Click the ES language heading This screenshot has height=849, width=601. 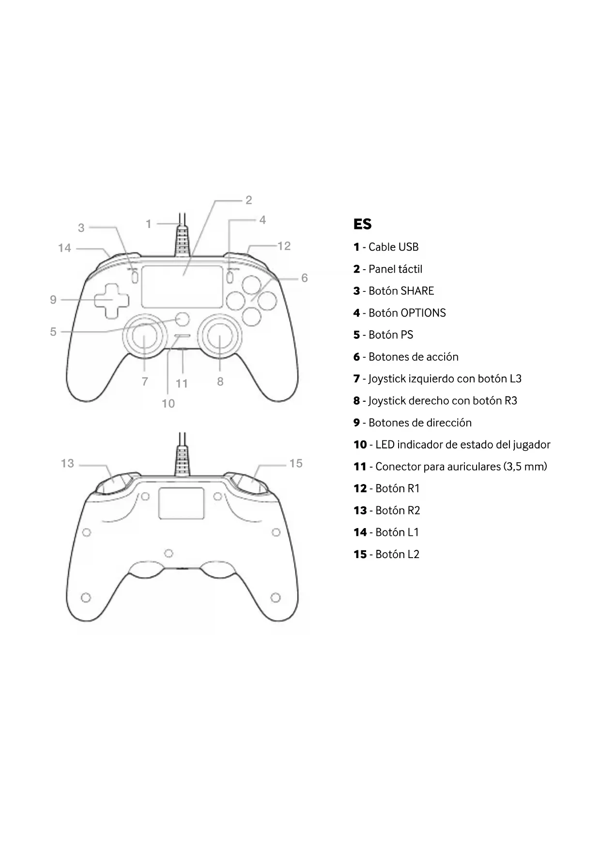tap(362, 224)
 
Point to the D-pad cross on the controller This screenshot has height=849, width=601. tap(112, 300)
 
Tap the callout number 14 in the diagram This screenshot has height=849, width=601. tap(64, 248)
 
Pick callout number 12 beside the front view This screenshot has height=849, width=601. tap(284, 246)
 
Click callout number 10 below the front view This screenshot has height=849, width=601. tap(168, 404)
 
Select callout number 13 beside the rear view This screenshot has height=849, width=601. tap(67, 464)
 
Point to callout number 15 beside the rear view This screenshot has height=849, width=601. tap(296, 464)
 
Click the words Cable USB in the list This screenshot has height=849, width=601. tap(393, 247)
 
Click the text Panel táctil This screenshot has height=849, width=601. tap(395, 269)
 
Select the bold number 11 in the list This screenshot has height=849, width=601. tap(360, 467)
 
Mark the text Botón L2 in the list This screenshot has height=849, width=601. tap(397, 554)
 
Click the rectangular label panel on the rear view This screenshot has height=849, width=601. tap(181, 503)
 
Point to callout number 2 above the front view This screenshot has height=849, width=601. tap(249, 200)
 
